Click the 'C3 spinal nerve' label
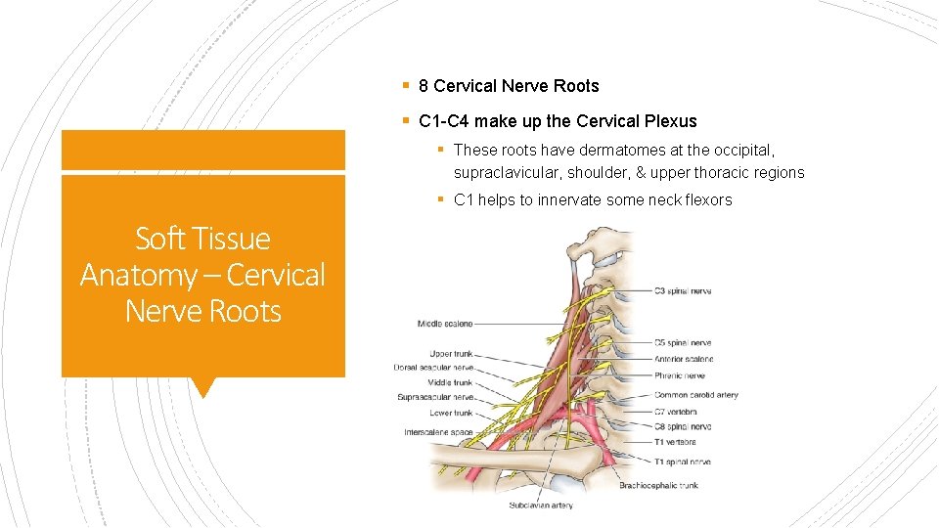click(x=683, y=291)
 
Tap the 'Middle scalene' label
click(x=445, y=324)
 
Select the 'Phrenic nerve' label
click(x=681, y=375)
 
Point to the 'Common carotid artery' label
click(x=696, y=395)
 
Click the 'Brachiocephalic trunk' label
click(x=658, y=485)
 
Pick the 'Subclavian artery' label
click(x=540, y=506)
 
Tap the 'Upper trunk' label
click(x=451, y=353)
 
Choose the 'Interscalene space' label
click(x=438, y=432)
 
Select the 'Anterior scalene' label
click(x=685, y=359)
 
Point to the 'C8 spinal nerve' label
click(x=683, y=427)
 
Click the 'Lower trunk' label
click(x=451, y=413)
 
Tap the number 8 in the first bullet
click(x=424, y=86)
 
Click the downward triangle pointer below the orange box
click(x=202, y=387)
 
